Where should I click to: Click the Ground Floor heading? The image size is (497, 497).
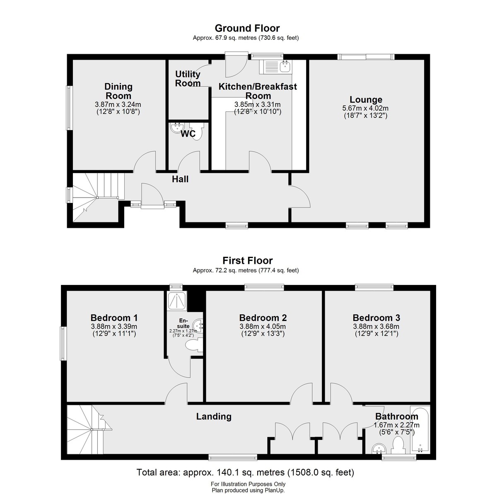pyautogui.click(x=247, y=28)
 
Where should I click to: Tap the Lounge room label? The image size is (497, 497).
pyautogui.click(x=366, y=99)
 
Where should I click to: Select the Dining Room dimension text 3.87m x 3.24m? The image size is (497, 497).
pyautogui.click(x=118, y=104)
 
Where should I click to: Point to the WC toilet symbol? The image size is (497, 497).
pyautogui.click(x=197, y=131)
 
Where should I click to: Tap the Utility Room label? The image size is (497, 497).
pyautogui.click(x=188, y=79)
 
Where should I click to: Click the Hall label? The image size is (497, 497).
pyautogui.click(x=180, y=179)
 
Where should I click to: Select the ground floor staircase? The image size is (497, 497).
pyautogui.click(x=98, y=197)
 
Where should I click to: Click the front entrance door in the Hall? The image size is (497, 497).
pyautogui.click(x=152, y=196)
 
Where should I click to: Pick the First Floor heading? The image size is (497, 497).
pyautogui.click(x=247, y=261)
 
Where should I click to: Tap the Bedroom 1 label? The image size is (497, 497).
pyautogui.click(x=114, y=318)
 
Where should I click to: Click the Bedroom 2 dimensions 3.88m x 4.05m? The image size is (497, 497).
pyautogui.click(x=263, y=326)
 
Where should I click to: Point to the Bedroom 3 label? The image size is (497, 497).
pyautogui.click(x=376, y=318)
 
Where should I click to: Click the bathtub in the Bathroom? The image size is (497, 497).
pyautogui.click(x=420, y=429)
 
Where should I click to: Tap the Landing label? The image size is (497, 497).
pyautogui.click(x=214, y=416)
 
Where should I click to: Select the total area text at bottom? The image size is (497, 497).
pyautogui.click(x=245, y=472)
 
